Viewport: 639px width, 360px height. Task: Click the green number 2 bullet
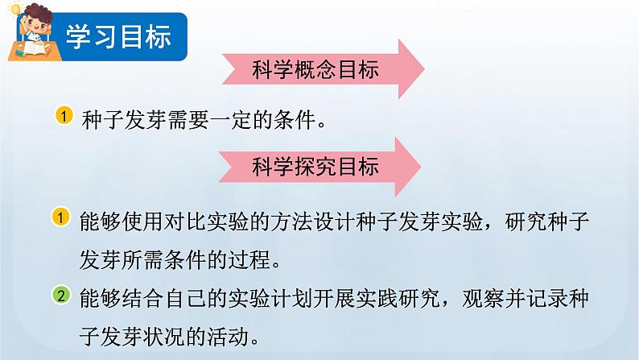pos(63,296)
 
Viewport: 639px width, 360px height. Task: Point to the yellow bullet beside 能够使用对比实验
pos(63,217)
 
